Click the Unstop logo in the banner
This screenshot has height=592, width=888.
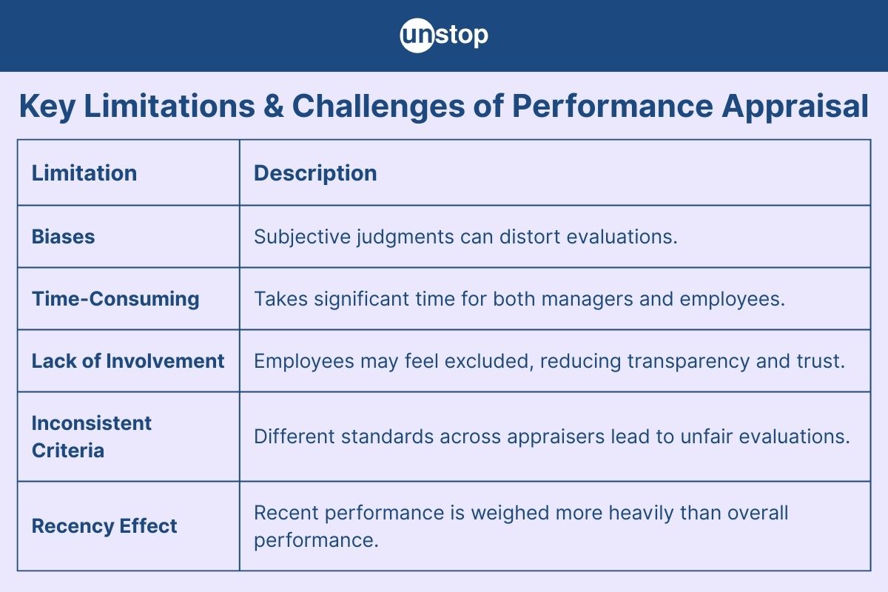point(444,36)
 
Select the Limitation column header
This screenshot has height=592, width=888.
point(84,173)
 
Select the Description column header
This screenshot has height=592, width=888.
point(315,173)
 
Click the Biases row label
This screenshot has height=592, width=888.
point(64,237)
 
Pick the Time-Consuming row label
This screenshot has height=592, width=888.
point(115,299)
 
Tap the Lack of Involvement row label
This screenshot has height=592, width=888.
point(128,361)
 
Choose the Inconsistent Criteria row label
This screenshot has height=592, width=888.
point(92,437)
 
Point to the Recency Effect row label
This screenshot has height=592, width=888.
point(104,526)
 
